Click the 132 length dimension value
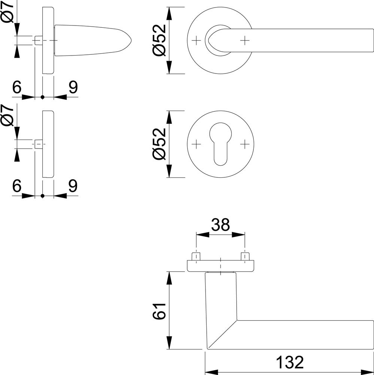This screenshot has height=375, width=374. coord(289,362)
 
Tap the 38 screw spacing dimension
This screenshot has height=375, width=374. coord(221,225)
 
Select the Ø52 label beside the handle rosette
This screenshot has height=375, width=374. coord(159,40)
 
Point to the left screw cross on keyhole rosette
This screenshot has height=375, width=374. coord(196,144)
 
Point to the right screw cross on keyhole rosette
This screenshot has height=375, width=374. coord(245,144)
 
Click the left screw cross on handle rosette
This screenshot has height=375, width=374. coord(196,40)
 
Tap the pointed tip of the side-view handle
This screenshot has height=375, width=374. coord(131,40)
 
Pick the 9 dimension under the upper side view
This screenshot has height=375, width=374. coord(73,87)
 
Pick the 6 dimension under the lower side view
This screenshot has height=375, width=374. coord(17,186)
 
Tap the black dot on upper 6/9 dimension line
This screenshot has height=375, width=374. coord(43,97)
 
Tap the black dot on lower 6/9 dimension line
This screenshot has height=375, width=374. coord(43,196)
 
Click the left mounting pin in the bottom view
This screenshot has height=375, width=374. coord(196,256)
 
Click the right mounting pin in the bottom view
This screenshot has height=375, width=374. coord(244,256)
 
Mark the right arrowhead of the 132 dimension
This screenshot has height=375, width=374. coord(367,373)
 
